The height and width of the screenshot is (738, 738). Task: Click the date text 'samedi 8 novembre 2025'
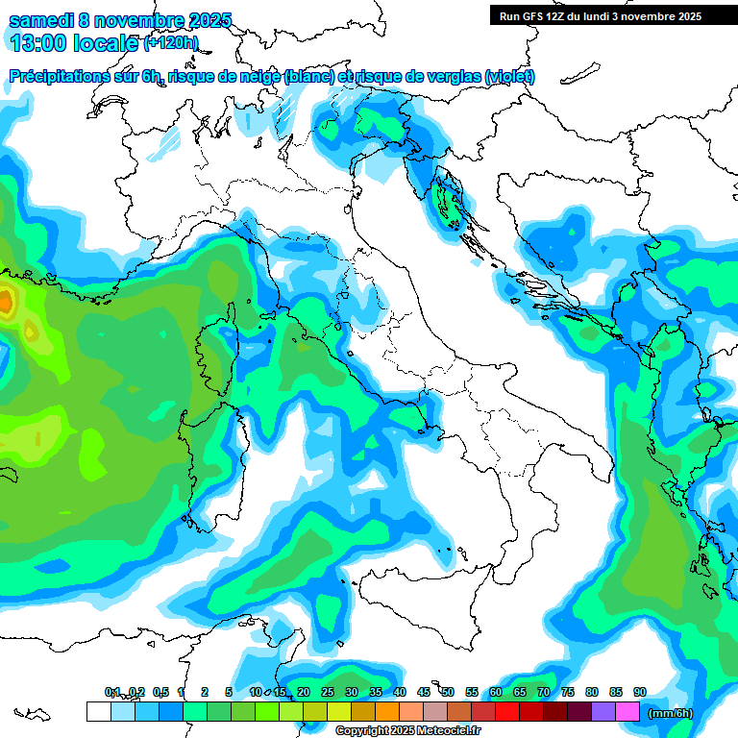(x=120, y=20)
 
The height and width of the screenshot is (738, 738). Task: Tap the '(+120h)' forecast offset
(x=171, y=43)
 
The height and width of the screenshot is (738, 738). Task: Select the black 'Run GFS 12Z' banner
(x=601, y=15)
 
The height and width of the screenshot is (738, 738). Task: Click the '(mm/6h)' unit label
(x=671, y=712)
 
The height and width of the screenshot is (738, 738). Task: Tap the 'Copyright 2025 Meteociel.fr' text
(x=408, y=731)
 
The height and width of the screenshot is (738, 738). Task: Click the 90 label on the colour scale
(x=640, y=692)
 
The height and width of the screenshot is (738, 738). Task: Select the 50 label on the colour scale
(x=448, y=692)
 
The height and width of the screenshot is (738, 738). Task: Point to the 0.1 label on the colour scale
(x=112, y=692)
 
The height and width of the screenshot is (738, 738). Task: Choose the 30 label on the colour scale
(x=352, y=692)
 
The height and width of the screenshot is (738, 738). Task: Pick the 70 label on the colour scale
(x=544, y=692)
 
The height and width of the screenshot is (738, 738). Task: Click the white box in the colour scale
(x=98, y=711)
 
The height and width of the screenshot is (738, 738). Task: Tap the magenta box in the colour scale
(x=627, y=711)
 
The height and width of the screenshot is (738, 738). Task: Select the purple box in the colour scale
(x=603, y=711)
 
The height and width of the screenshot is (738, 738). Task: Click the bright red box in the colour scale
(x=507, y=711)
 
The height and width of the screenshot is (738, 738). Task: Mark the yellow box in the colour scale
(x=339, y=711)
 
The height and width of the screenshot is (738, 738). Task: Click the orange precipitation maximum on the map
(x=6, y=302)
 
